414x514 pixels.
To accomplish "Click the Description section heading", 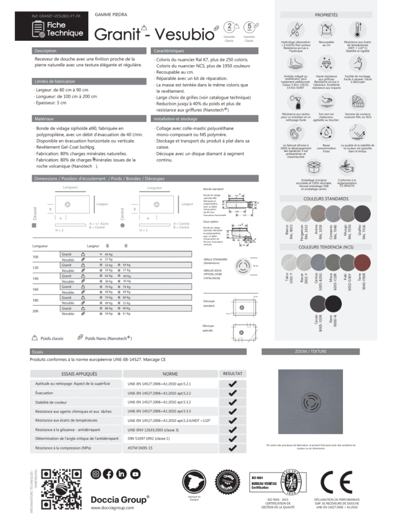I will click(46, 51).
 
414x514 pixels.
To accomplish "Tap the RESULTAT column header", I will click(232, 374).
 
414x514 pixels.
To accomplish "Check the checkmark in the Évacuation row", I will click(232, 393).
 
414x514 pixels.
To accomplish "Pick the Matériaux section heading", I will click(44, 119).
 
